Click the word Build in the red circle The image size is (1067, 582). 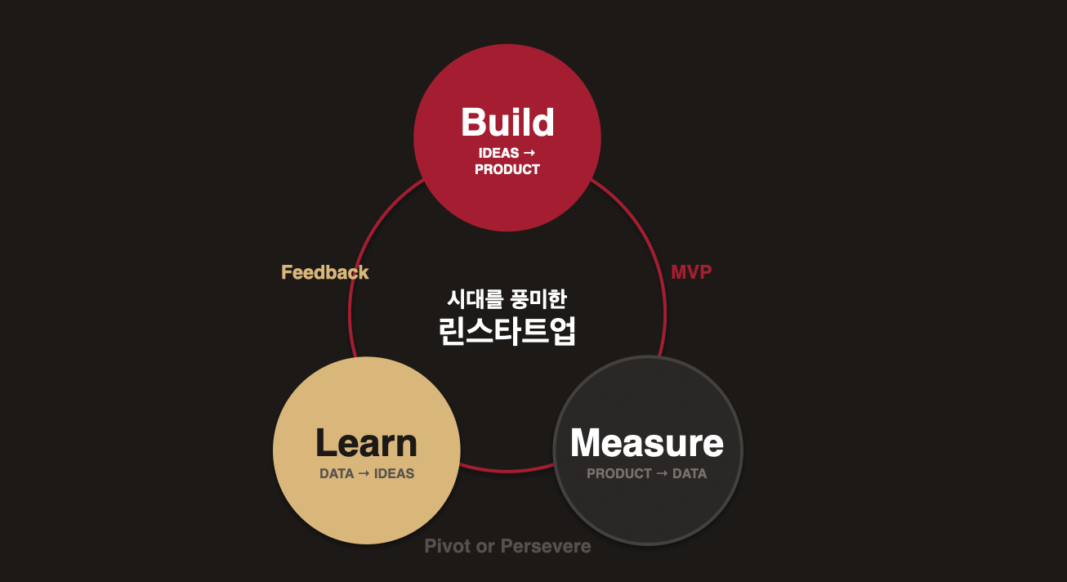(x=507, y=123)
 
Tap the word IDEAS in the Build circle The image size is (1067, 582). (x=498, y=153)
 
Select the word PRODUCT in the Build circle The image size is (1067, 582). (x=507, y=169)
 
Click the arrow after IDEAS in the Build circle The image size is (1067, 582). (x=529, y=153)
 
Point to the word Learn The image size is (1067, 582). (x=366, y=443)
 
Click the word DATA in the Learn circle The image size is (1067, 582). (x=337, y=473)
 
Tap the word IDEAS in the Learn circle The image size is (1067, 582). (x=395, y=473)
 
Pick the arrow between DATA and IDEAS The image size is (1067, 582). (x=364, y=473)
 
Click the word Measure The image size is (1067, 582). (x=646, y=443)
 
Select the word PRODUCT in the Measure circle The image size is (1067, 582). (x=619, y=473)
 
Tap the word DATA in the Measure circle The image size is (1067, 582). (x=690, y=473)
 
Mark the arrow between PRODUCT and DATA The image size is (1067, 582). (x=663, y=473)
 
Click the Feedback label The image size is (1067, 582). (x=325, y=272)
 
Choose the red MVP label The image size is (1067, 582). (x=691, y=272)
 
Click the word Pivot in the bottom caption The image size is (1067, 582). (x=448, y=546)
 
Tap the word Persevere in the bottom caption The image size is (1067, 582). (x=546, y=546)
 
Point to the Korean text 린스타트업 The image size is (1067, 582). (x=507, y=331)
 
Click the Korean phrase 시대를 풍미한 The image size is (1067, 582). (x=507, y=298)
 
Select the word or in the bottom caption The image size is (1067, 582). (x=485, y=546)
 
